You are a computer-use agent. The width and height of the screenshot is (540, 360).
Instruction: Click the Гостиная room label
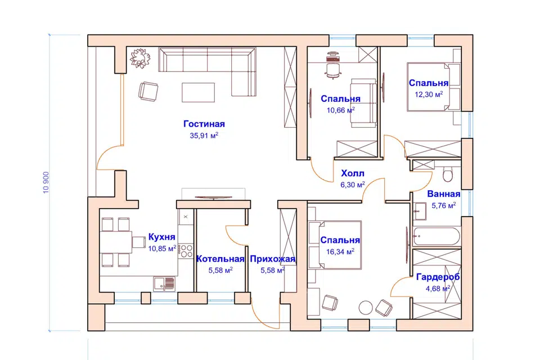click(204, 124)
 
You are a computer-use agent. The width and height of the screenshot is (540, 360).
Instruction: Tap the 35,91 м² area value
click(204, 136)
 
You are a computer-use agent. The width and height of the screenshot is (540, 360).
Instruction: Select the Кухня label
click(161, 237)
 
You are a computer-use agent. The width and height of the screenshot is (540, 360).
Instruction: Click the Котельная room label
click(220, 259)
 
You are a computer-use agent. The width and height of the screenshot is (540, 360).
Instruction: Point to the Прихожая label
click(272, 259)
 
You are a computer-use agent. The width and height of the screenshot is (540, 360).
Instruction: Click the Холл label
click(352, 173)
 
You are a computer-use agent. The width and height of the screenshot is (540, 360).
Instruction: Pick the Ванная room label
click(444, 193)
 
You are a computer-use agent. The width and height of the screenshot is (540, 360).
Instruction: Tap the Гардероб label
click(438, 277)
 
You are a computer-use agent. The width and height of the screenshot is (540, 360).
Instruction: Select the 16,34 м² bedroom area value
click(340, 252)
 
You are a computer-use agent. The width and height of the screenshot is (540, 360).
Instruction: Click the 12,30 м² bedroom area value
click(429, 94)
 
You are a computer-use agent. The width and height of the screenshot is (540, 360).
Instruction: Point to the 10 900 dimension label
click(46, 183)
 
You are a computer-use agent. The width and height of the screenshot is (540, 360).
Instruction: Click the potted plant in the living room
click(140, 58)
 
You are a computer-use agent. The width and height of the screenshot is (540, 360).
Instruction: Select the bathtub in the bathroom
click(436, 236)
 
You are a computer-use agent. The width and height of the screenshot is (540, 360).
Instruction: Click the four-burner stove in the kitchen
click(186, 251)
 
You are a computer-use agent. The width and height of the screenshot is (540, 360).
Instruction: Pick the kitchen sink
click(164, 283)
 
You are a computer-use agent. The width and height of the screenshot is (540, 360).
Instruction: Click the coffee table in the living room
click(198, 92)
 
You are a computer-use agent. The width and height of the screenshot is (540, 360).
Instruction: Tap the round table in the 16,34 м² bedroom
click(366, 308)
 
